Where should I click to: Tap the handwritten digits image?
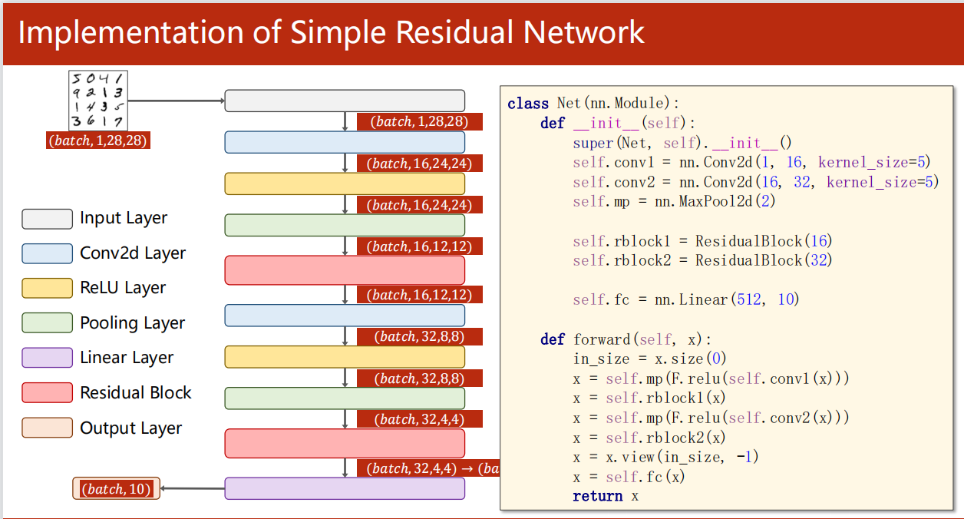pos(98,100)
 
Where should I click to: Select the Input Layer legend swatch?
pos(47,219)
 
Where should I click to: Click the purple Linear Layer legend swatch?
pos(47,358)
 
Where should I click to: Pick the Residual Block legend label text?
pos(135,393)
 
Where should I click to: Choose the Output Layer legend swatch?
pos(47,428)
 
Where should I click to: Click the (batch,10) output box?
pos(116,489)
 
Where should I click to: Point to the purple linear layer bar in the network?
pos(345,488)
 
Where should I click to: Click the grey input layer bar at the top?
pos(345,101)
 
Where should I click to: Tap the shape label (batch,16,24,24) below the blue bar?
pos(420,164)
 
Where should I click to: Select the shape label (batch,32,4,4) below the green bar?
pos(420,419)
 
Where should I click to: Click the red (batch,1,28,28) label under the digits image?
pos(97,141)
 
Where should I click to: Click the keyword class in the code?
pos(528,104)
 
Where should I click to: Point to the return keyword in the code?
pos(597,496)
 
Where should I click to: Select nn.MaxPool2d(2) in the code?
pos(721,202)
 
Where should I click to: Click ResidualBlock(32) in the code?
pos(764,261)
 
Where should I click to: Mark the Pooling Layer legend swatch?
pos(47,323)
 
